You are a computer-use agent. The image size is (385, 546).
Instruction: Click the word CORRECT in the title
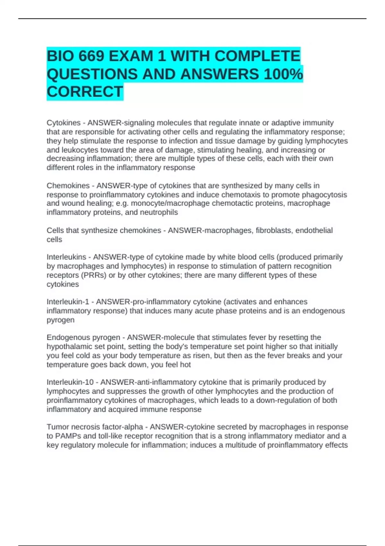tap(85, 92)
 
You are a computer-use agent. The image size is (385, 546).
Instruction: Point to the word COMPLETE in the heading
tap(257, 57)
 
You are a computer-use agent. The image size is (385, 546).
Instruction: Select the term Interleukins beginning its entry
tap(66, 257)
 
